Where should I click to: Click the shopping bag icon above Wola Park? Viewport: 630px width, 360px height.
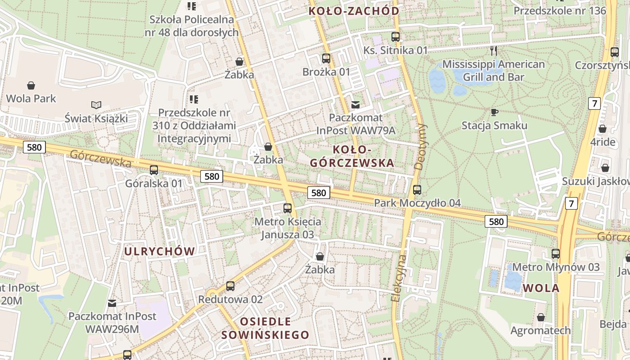31,85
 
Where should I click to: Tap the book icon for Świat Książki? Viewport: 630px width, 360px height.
96,105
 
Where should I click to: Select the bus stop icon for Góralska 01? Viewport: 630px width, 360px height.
154,170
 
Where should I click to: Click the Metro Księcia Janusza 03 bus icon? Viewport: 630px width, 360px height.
288,208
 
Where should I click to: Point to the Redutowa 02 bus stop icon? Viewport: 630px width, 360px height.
230,286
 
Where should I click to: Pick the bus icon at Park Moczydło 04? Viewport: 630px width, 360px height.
417,190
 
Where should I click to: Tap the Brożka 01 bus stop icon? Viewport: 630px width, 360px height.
326,58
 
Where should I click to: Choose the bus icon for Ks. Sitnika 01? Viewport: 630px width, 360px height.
396,37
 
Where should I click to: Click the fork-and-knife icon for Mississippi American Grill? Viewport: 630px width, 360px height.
494,50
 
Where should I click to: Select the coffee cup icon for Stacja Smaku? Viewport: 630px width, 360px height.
494,112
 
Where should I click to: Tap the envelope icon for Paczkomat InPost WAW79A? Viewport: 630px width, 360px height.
355,105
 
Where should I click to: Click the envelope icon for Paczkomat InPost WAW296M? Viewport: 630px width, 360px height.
112,303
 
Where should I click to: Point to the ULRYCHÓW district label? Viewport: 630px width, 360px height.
160,251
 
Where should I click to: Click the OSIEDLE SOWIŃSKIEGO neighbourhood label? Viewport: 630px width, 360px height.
265,328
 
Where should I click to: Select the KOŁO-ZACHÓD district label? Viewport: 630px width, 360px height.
354,11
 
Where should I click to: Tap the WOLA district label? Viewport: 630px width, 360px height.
541,288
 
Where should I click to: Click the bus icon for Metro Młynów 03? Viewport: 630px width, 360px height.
556,254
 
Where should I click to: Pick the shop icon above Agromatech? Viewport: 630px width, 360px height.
540,318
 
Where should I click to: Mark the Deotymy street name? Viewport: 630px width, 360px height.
419,146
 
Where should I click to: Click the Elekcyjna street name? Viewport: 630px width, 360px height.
399,279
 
